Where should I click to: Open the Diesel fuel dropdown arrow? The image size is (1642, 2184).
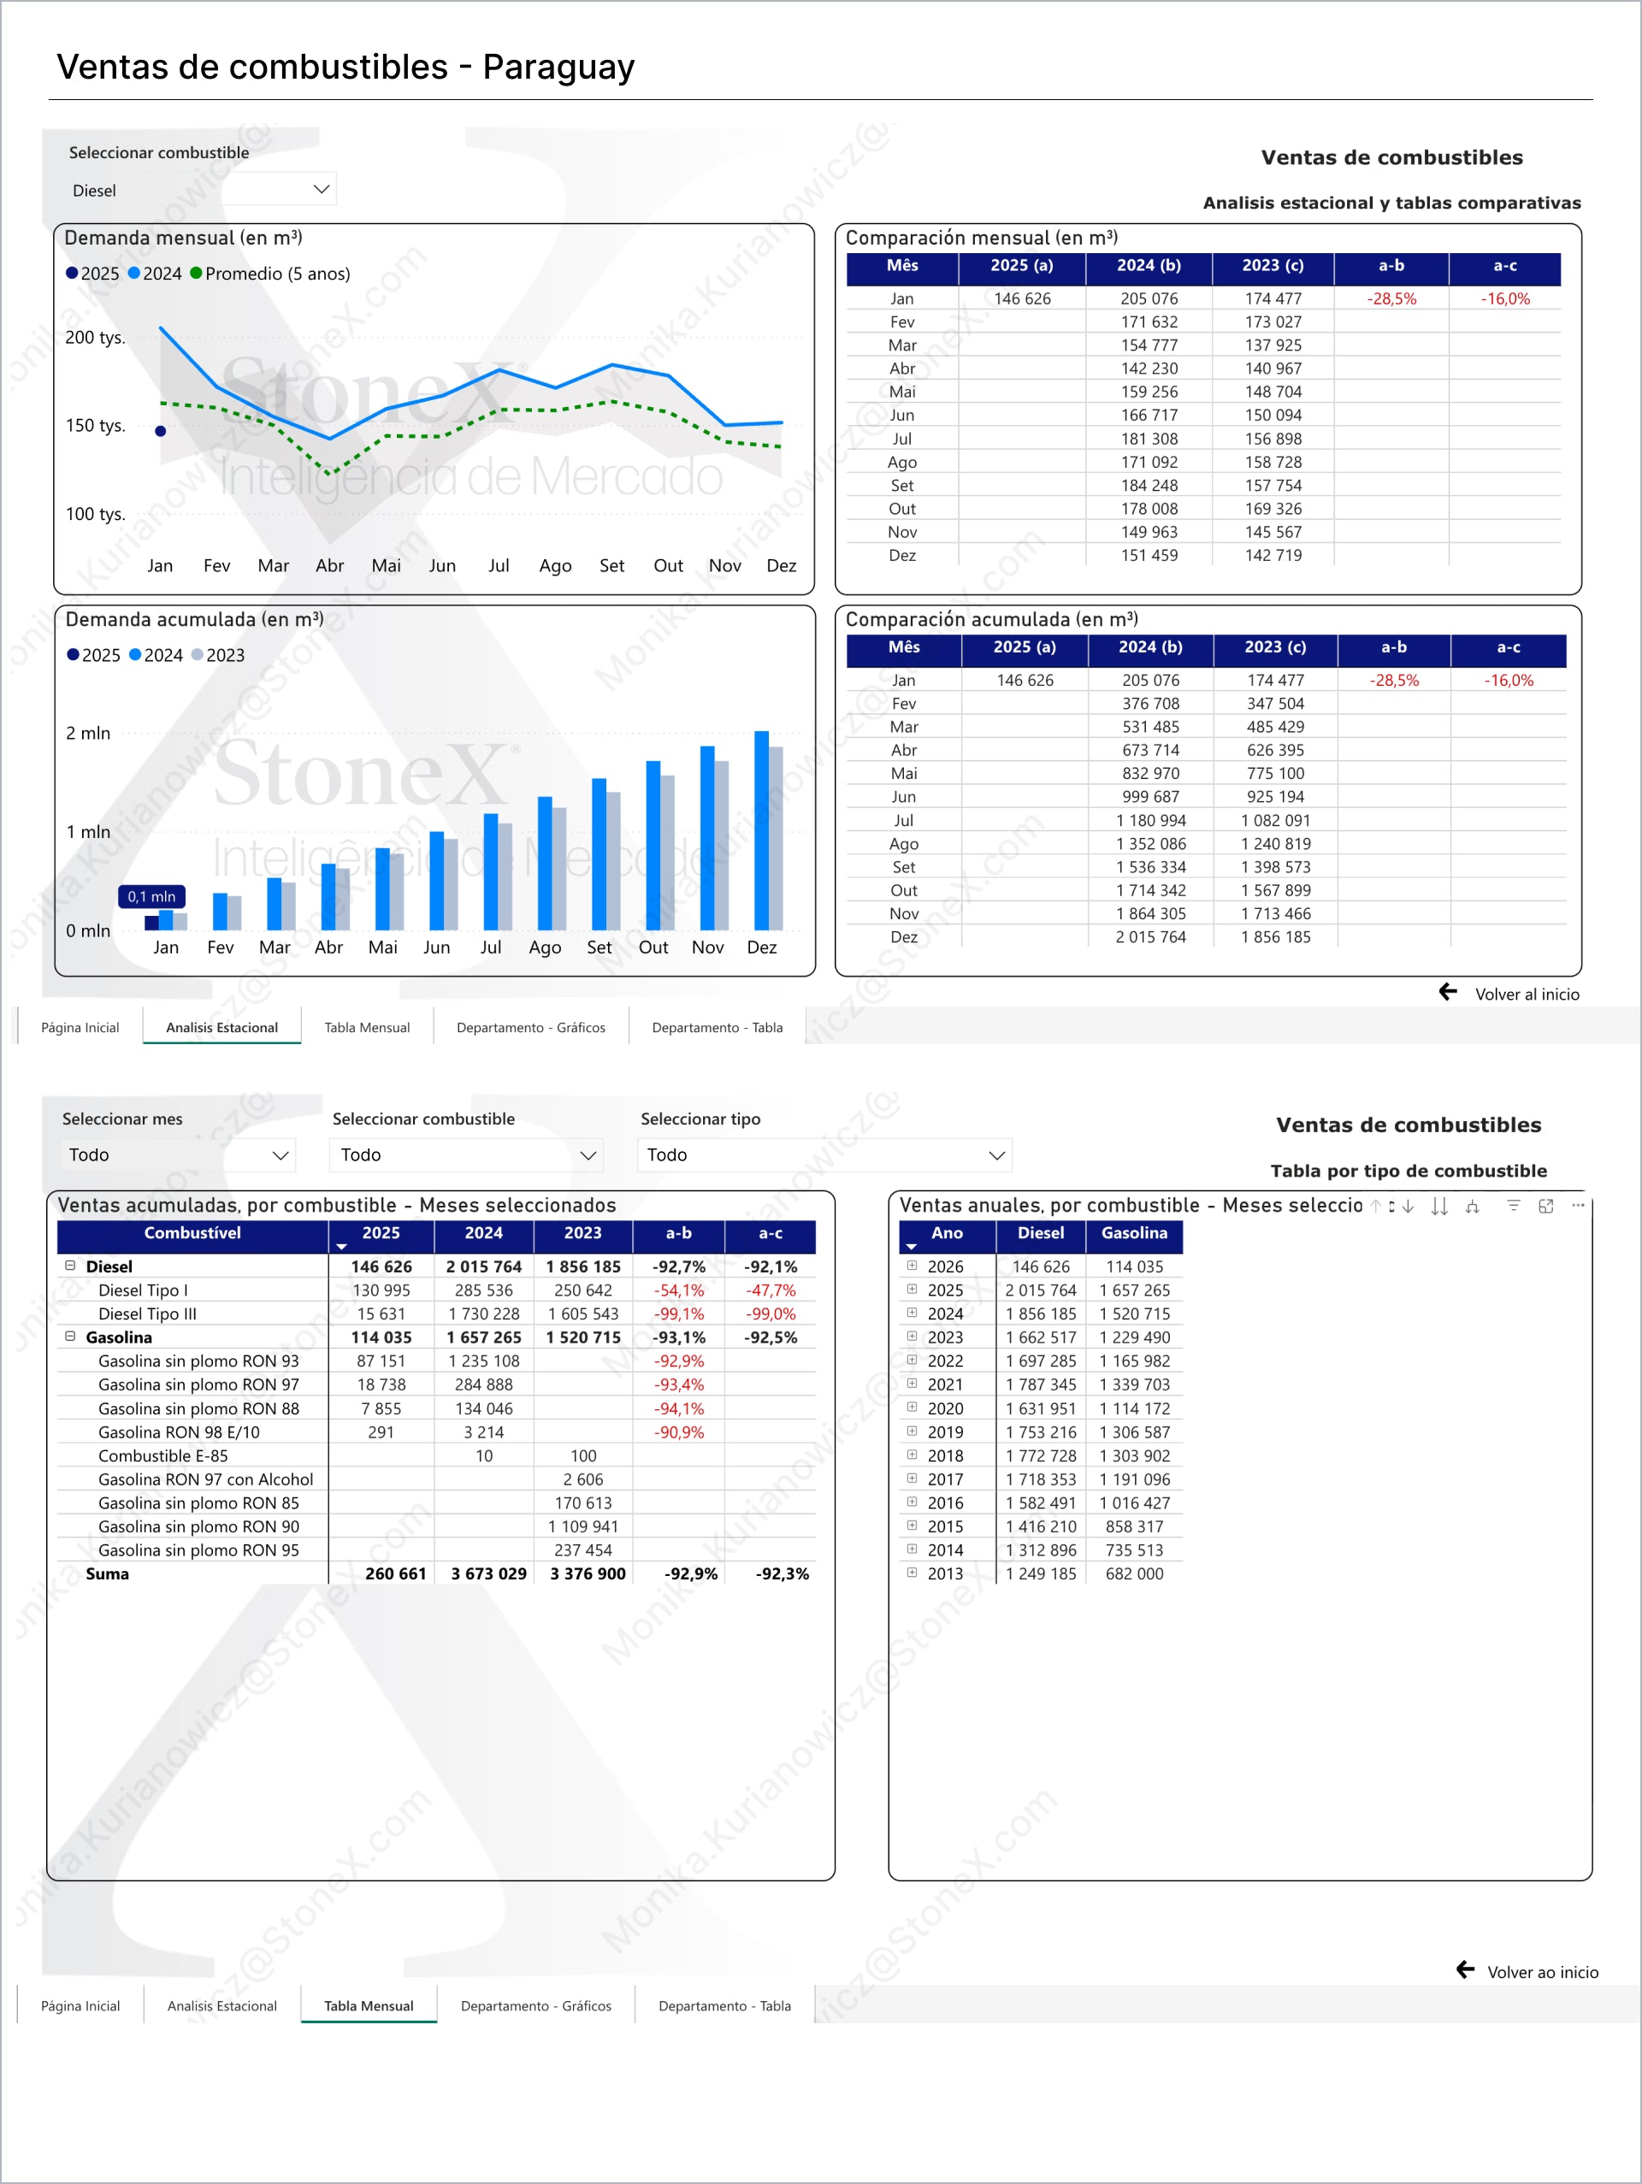pos(321,189)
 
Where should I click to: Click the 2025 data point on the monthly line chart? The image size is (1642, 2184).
pos(160,430)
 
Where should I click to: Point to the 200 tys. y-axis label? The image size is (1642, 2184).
pos(95,338)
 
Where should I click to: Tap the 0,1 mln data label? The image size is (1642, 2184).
pos(151,896)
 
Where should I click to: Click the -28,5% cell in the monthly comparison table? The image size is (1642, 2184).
pos(1391,298)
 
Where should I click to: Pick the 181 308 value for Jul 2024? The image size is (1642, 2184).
pos(1149,439)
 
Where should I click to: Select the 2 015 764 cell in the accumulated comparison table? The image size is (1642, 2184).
pos(1150,937)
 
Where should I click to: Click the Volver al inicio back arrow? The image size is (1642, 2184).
pos(1448,992)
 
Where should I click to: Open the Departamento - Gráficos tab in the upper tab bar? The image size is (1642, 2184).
pos(530,1027)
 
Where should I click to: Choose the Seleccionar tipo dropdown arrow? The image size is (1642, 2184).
pos(996,1155)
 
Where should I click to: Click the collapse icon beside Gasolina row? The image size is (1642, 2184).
pos(70,1337)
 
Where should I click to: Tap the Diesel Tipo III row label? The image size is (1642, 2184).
pos(147,1313)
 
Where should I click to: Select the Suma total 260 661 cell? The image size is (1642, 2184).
pos(395,1573)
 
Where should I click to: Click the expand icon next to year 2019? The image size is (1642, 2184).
pos(912,1431)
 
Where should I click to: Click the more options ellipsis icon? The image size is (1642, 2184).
pos(1577,1206)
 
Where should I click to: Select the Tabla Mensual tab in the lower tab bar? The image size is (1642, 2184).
pos(369,2005)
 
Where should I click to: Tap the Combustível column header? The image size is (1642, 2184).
pos(192,1233)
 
